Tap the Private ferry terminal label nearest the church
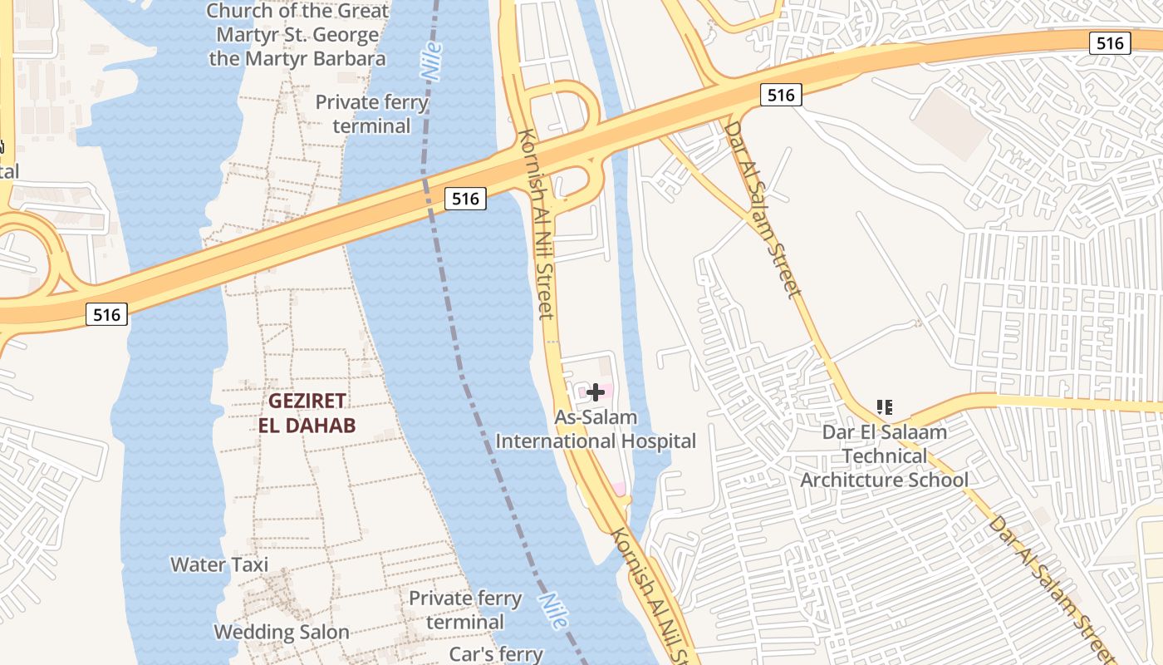pos(371,114)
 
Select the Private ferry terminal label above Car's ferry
pos(465,610)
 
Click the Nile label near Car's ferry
pos(553,610)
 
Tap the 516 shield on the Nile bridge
pos(464,199)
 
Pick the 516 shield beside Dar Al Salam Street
pos(781,96)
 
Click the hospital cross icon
pos(596,392)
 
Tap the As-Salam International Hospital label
pos(596,430)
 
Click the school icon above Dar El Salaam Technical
pos(885,407)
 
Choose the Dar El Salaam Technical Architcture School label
pos(884,456)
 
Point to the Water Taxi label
pos(219,564)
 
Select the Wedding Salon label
pos(282,632)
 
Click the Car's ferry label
pos(496,654)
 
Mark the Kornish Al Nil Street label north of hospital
pos(536,223)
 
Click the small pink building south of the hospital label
pos(618,488)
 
